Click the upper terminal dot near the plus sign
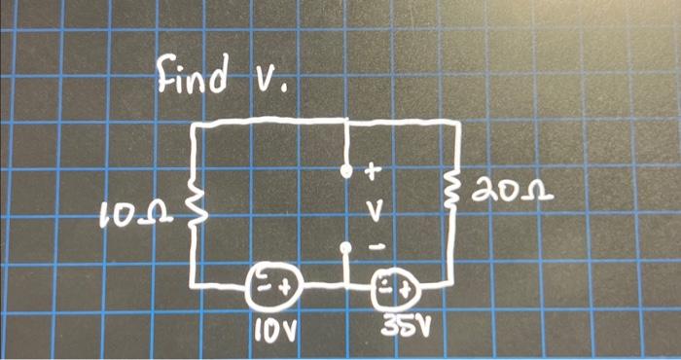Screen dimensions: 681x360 [x=346, y=170]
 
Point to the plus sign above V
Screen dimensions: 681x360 [x=371, y=172]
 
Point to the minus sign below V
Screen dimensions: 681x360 [x=374, y=248]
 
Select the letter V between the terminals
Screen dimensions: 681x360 [x=373, y=209]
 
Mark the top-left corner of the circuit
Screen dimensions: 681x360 [x=199, y=126]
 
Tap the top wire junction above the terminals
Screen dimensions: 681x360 [x=346, y=121]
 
